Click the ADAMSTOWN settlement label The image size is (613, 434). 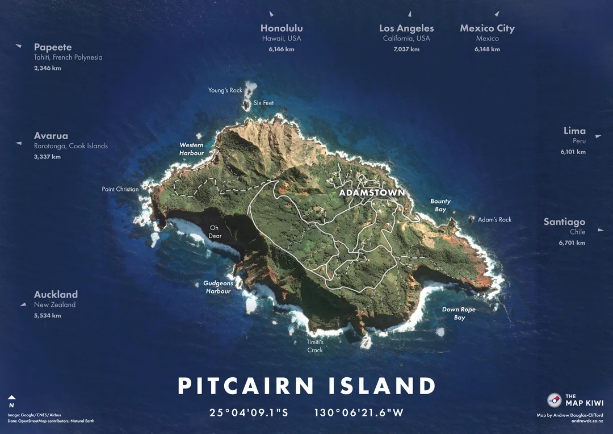tap(372, 193)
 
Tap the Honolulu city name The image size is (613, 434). tap(282, 28)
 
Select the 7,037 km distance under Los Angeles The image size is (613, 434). tap(406, 49)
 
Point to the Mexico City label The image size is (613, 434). tap(487, 28)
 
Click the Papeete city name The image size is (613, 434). tap(53, 47)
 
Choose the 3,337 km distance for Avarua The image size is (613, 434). tap(47, 157)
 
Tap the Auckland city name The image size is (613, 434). tap(56, 294)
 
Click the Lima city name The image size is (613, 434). tap(574, 131)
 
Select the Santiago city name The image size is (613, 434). tap(564, 222)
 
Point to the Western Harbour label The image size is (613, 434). tap(191, 149)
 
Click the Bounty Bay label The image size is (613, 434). tap(440, 205)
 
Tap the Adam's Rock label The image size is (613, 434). tap(494, 219)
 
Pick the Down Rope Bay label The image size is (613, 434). tap(459, 314)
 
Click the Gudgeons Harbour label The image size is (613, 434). tap(218, 287)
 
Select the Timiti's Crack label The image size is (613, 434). tap(315, 346)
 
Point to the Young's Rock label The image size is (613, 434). tap(225, 90)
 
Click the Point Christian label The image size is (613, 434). tap(120, 189)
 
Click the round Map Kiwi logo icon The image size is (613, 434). tap(554, 400)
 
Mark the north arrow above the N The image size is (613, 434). tap(11, 398)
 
